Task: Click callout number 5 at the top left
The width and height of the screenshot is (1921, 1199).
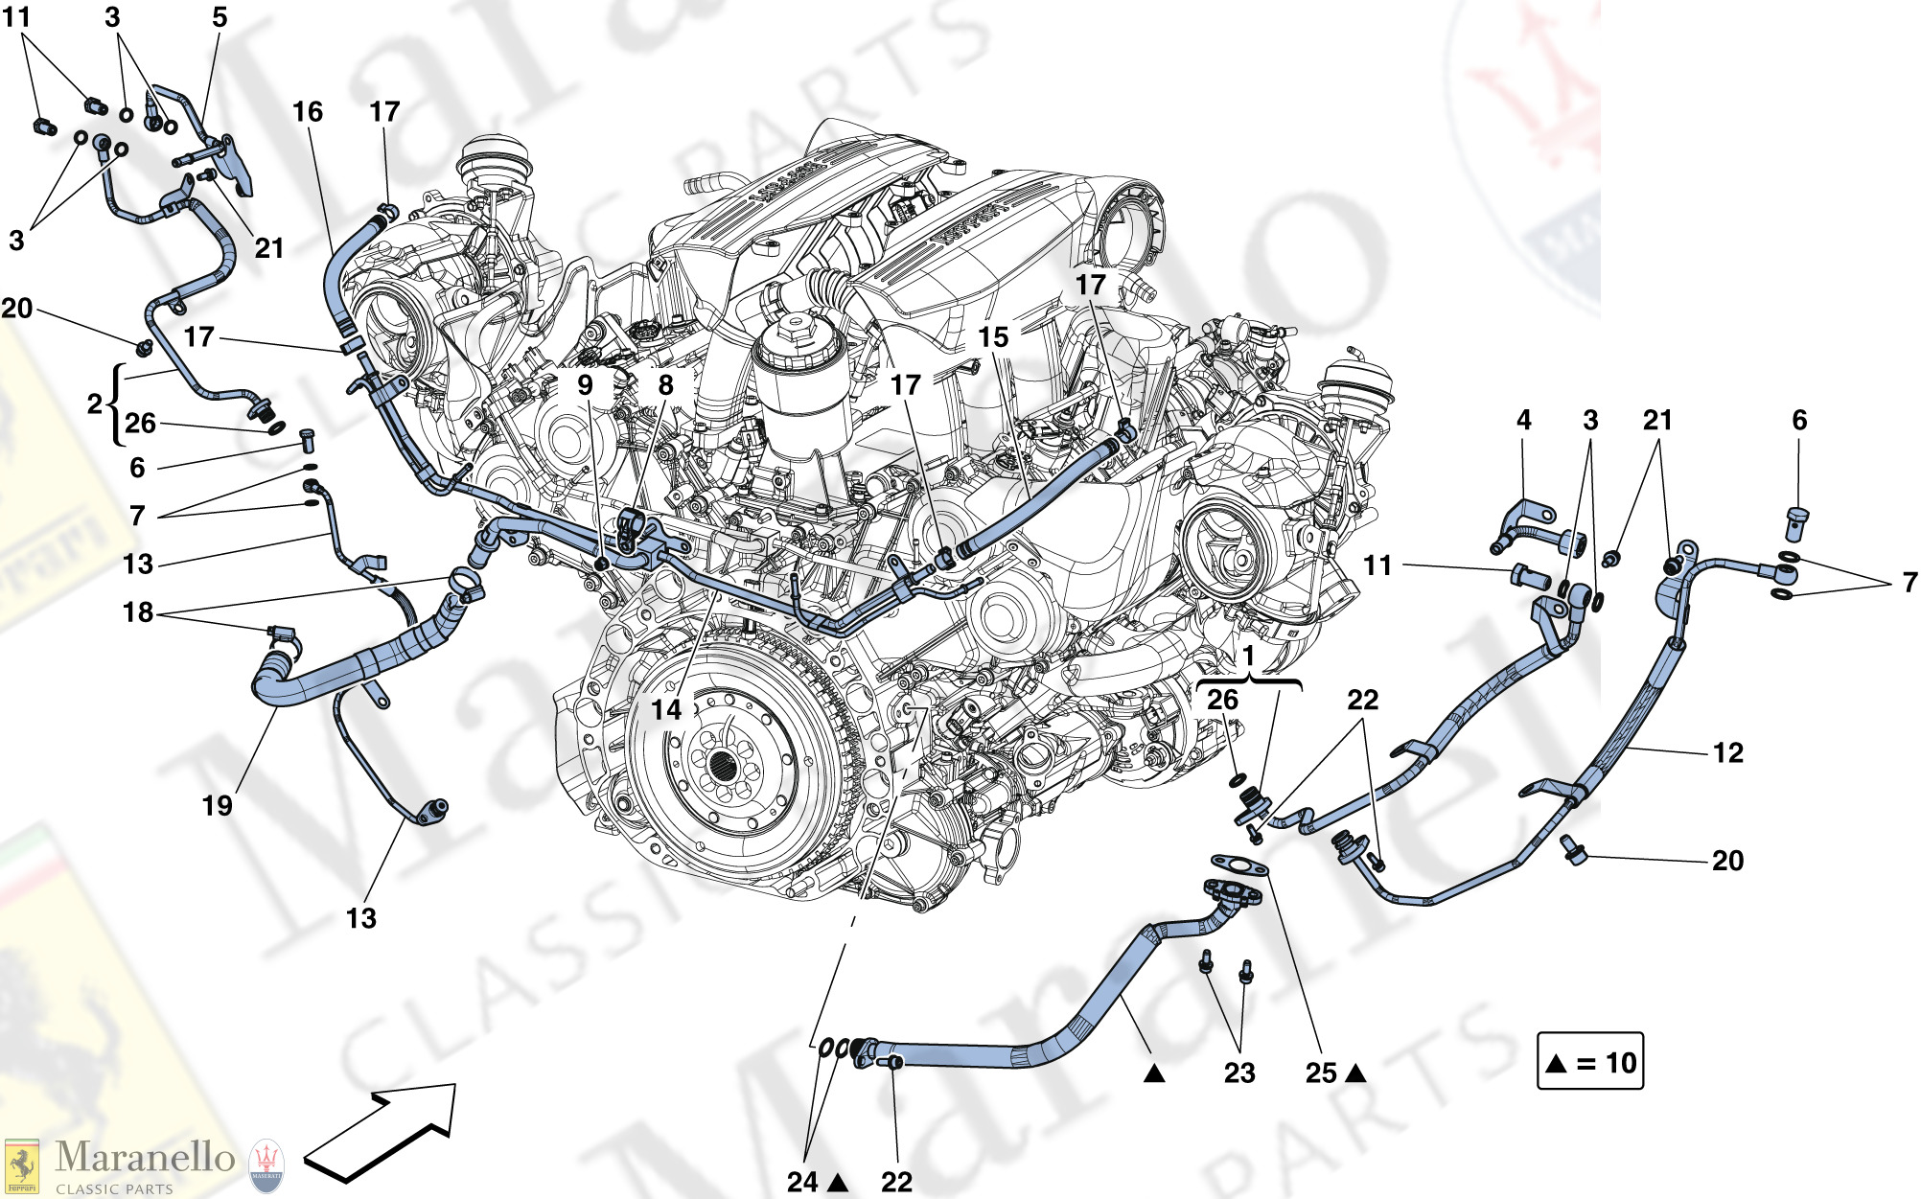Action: tap(220, 17)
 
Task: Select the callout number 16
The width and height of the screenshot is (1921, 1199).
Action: tap(307, 112)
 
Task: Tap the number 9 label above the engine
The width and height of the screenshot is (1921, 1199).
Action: tap(585, 385)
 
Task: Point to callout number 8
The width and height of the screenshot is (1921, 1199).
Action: tap(665, 385)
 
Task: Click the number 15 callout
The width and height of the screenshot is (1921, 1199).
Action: tap(993, 337)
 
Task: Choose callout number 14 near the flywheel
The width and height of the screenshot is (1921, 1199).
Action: tap(666, 710)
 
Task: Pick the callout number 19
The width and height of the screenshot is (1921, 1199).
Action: tap(218, 806)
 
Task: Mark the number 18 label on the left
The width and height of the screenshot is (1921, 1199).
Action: tap(138, 612)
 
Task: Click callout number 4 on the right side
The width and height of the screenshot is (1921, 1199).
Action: tap(1523, 420)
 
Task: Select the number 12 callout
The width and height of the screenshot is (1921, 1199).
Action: tap(1727, 753)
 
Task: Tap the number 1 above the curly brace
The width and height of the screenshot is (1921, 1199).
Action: tap(1248, 657)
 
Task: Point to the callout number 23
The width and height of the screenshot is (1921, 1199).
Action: tap(1238, 1072)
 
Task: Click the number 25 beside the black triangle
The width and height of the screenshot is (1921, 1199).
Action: tap(1321, 1073)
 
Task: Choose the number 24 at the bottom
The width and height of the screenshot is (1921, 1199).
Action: tap(802, 1183)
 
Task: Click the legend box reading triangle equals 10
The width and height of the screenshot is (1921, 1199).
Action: tap(1589, 1062)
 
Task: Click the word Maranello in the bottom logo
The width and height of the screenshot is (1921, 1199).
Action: tap(145, 1157)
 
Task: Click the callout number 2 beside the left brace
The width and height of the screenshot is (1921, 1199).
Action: tap(94, 404)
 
